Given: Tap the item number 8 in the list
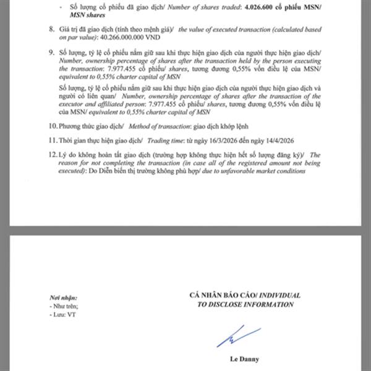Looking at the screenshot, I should [51, 29].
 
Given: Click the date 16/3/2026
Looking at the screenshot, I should [234, 139].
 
